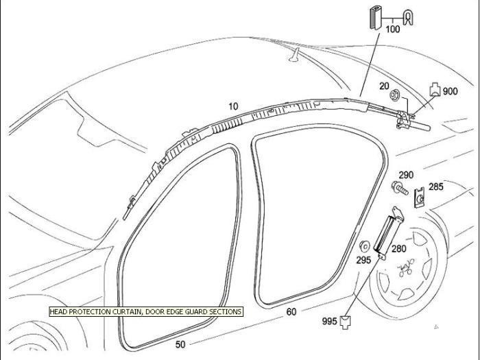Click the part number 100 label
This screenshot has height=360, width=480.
click(393, 29)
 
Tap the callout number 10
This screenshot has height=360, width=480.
click(233, 106)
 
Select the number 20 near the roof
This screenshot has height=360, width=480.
click(384, 86)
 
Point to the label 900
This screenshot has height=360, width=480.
click(450, 91)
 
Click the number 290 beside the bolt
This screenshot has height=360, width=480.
click(406, 176)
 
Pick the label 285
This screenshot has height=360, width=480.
click(436, 186)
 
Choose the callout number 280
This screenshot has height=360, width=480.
click(398, 249)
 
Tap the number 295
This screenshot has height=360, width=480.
click(363, 260)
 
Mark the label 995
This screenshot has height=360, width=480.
click(330, 320)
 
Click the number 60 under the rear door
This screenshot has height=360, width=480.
click(291, 312)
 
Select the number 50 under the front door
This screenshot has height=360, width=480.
click(180, 344)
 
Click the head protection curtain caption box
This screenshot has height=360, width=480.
click(145, 311)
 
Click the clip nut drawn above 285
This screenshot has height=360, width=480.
click(420, 199)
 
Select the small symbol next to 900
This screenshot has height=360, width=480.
click(434, 88)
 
